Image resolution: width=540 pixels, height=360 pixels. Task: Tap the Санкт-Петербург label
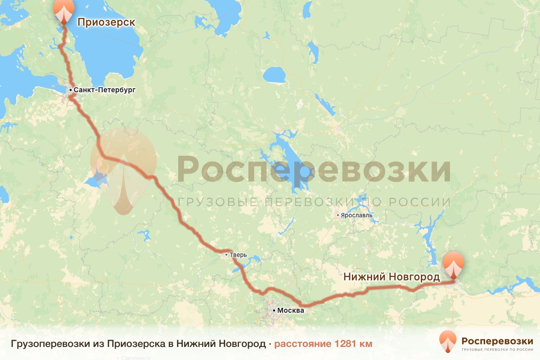[104, 90]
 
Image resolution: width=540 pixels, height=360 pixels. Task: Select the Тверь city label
[238, 255]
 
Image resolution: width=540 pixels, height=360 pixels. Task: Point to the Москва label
[291, 310]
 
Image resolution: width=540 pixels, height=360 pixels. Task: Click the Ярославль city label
[357, 215]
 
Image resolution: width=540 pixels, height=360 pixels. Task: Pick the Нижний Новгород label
[391, 277]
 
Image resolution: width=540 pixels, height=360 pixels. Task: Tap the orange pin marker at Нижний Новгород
[453, 265]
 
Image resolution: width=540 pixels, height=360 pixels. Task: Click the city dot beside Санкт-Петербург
[71, 90]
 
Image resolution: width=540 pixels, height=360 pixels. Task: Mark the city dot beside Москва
[274, 310]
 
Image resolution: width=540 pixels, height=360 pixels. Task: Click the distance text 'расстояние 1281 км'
[324, 344]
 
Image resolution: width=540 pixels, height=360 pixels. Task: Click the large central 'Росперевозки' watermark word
[314, 169]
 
